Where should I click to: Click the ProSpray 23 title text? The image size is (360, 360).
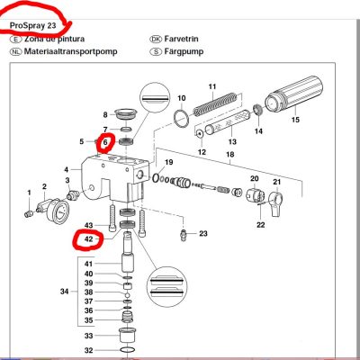tap(33, 25)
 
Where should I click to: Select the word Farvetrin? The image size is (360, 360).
tap(181, 39)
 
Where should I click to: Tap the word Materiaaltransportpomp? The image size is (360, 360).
tap(70, 51)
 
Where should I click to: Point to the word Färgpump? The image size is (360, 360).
tap(184, 51)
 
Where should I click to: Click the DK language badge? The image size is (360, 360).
tap(156, 39)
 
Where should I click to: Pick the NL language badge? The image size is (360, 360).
tap(15, 51)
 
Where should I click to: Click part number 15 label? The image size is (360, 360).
tap(295, 120)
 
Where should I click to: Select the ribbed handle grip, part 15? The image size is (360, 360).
tap(293, 93)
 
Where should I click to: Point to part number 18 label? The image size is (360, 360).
tap(230, 155)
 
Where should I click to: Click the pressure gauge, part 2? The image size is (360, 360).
tap(56, 210)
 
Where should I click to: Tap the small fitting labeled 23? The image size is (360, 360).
tap(184, 234)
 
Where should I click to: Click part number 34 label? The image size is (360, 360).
tap(64, 292)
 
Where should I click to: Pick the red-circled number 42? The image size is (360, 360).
tap(89, 239)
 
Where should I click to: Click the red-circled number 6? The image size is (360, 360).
tap(105, 142)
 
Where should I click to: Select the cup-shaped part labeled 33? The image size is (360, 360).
tap(128, 336)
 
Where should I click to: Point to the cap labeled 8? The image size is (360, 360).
tap(126, 113)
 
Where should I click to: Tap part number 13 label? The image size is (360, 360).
tap(232, 141)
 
